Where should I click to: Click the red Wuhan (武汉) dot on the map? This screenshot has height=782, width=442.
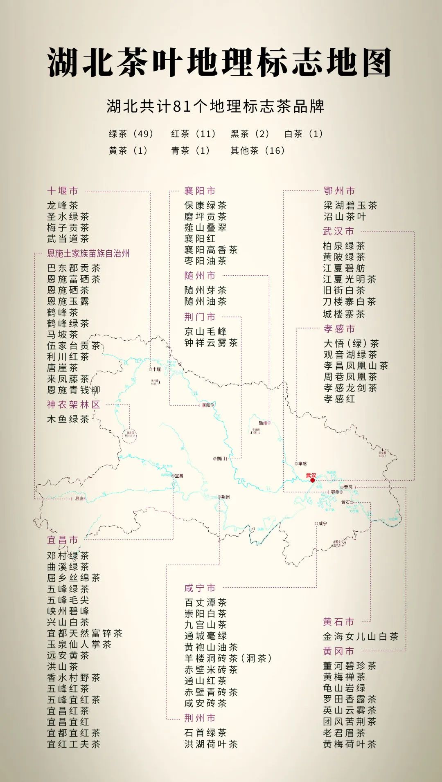coord(313,480)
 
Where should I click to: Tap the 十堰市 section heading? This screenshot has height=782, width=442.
coord(62,191)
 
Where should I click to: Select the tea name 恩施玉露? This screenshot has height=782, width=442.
coord(68,301)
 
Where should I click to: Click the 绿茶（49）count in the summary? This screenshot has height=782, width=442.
coord(131,134)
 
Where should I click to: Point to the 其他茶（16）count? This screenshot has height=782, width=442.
coord(257,151)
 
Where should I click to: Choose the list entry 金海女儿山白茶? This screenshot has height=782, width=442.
coord(361,636)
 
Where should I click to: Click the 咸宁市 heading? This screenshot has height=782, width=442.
coord(200,588)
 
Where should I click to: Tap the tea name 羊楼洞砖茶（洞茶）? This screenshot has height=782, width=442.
coord(228,658)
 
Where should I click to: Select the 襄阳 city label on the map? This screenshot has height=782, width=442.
coord(206,405)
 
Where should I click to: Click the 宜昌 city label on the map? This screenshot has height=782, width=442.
coord(179,476)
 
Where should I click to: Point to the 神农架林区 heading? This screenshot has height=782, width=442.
coord(73,404)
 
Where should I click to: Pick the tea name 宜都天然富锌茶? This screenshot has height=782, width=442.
coord(85,633)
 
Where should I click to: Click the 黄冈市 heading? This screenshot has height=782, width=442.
coord(338,651)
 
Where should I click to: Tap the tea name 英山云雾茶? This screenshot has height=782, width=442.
coord(350,710)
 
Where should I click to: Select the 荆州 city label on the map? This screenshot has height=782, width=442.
coord(225,497)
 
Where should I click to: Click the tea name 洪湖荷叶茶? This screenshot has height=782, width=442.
coord(211,744)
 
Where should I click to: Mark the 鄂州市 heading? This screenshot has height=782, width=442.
coord(339,191)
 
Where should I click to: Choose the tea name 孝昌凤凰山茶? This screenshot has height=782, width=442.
coord(356,365)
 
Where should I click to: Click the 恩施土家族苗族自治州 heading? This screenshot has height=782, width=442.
coord(88,253)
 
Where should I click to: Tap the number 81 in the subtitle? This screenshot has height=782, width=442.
coord(182,106)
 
